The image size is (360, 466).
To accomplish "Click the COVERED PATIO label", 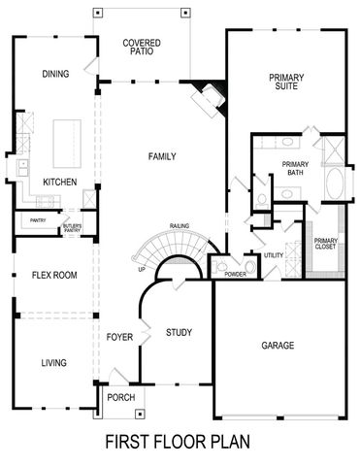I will [x=142, y=48].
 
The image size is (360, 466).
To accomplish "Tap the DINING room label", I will [x=55, y=74].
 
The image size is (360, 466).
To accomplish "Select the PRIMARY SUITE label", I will [x=287, y=82].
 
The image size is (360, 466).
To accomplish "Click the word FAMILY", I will [x=161, y=156].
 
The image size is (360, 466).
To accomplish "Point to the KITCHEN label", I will [x=60, y=182].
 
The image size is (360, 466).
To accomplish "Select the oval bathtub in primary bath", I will [x=334, y=184].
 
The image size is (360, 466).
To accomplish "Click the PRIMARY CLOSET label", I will [x=326, y=247].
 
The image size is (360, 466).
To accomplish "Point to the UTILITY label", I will [x=274, y=255].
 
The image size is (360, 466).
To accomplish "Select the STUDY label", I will [x=179, y=333].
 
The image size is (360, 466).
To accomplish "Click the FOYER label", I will [x=119, y=337].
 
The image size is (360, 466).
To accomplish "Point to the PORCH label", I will [x=121, y=398].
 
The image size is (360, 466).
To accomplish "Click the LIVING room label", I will [x=53, y=363].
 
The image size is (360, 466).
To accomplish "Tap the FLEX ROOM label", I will [x=53, y=276].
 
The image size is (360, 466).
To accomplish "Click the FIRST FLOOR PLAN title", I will [x=178, y=442].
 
